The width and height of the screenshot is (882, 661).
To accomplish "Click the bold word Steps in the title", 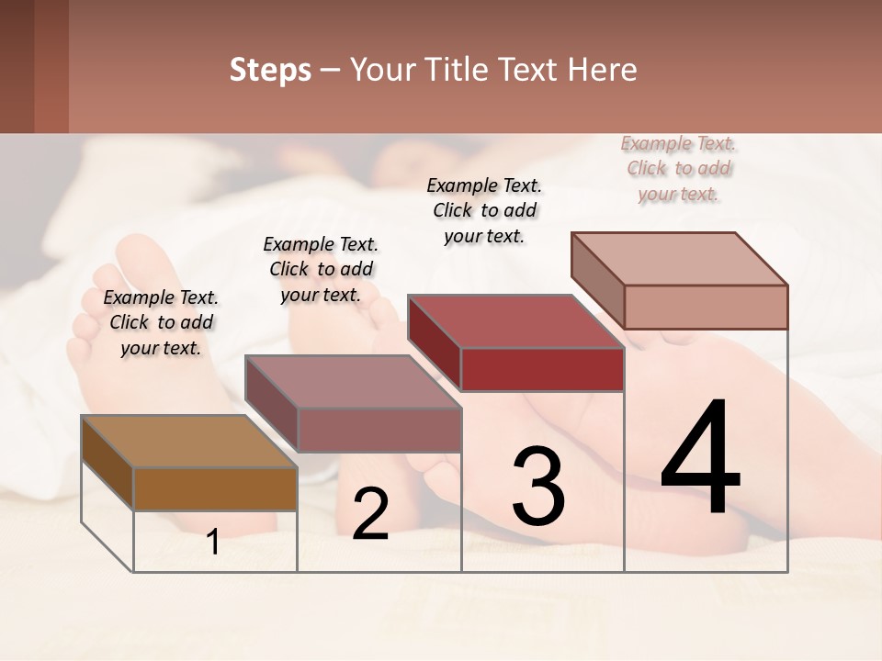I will click(x=270, y=70).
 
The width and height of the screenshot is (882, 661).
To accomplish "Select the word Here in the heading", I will click(x=603, y=70).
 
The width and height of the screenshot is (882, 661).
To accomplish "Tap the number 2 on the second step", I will click(x=370, y=514).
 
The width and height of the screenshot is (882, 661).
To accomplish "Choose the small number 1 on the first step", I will click(x=213, y=543).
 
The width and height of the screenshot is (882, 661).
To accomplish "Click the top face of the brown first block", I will click(x=188, y=442).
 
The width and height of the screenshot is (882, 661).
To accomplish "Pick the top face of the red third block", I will click(x=514, y=321).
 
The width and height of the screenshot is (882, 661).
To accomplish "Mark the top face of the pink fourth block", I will click(x=678, y=259).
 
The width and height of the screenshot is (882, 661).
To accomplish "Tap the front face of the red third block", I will click(x=542, y=370).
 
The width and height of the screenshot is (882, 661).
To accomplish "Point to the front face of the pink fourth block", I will click(x=706, y=307).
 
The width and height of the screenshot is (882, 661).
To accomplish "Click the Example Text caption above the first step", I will click(x=161, y=322).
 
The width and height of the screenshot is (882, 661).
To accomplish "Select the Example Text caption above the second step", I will click(x=321, y=269).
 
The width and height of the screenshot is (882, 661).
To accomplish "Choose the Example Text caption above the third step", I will click(x=484, y=210).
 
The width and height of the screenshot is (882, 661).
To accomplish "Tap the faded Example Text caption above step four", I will click(x=678, y=168).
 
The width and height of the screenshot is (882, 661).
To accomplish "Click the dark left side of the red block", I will click(x=434, y=342).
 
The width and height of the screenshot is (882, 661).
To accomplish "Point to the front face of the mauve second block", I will click(x=379, y=430).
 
